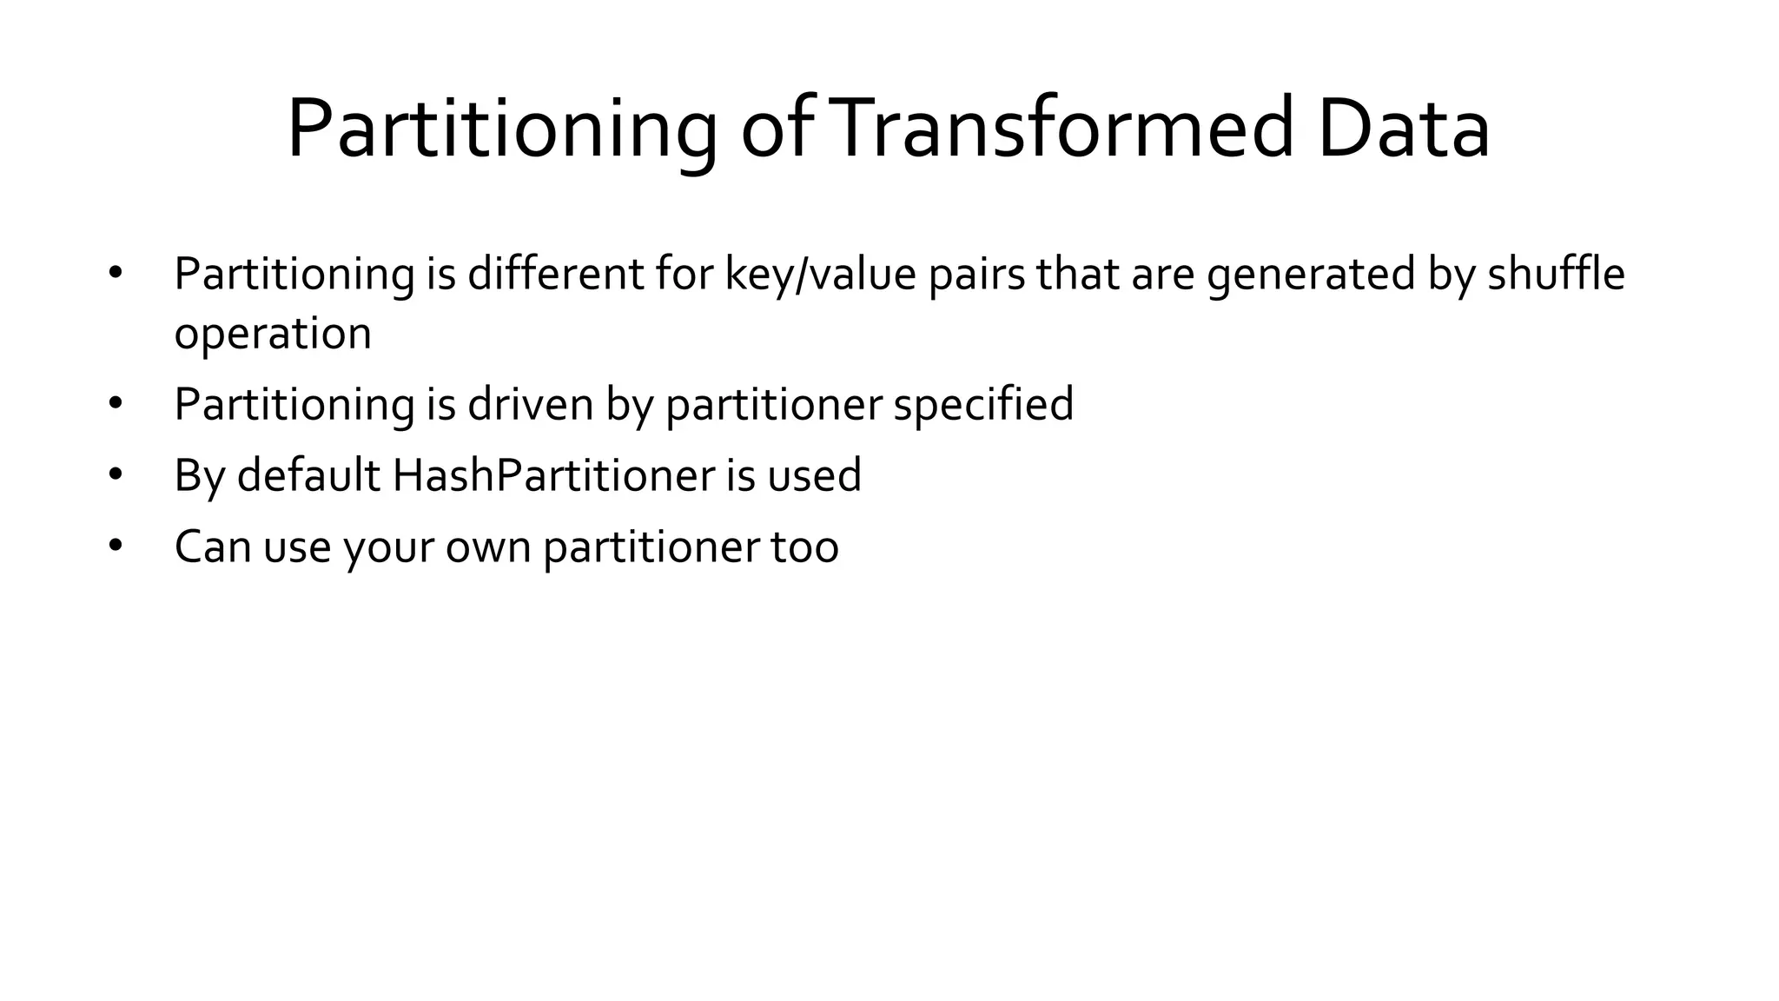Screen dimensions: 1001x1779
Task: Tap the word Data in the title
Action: click(x=1403, y=129)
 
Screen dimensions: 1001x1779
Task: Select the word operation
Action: click(x=273, y=334)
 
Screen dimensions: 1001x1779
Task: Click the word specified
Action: click(x=983, y=405)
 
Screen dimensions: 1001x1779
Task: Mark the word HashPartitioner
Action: click(x=553, y=475)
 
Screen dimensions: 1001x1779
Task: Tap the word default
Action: click(x=308, y=475)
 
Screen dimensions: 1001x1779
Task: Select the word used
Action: click(x=814, y=475)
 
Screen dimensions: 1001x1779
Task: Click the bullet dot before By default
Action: click(x=116, y=474)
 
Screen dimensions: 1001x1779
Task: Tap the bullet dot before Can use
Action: click(x=116, y=546)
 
